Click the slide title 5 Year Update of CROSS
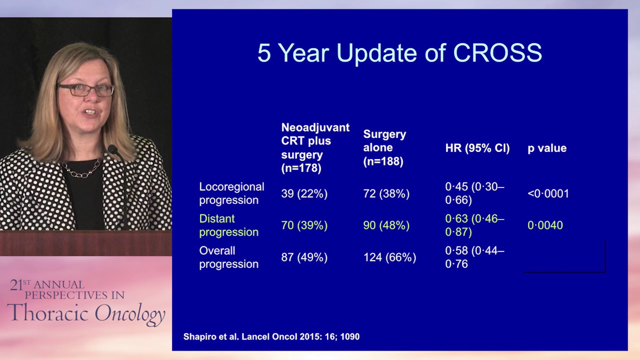399,53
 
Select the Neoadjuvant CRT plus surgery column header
315,148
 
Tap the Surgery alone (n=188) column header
384,148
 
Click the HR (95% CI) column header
477,148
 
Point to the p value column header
547,148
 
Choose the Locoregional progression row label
231,193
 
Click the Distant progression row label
228,225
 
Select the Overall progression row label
228,257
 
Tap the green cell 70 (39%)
304,225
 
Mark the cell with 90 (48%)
386,225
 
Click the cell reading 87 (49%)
304,257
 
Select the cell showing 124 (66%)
389,257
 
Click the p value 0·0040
545,225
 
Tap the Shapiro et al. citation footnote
271,337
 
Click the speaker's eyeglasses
86,90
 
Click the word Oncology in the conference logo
129,314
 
